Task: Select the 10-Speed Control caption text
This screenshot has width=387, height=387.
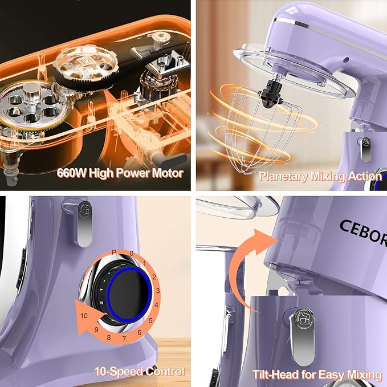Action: pyautogui.click(x=140, y=372)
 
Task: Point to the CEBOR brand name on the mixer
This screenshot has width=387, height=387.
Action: pyautogui.click(x=363, y=233)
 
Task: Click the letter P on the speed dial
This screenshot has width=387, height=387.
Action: pyautogui.click(x=114, y=252)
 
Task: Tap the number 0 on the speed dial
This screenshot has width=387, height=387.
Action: pyautogui.click(x=132, y=253)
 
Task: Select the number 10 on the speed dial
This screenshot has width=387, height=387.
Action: pyautogui.click(x=84, y=315)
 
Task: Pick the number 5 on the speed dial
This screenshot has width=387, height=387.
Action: pyautogui.click(x=150, y=321)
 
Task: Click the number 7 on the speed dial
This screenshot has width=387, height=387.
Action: pyautogui.click(x=124, y=339)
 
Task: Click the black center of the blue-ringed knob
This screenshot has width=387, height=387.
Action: pyautogui.click(x=129, y=295)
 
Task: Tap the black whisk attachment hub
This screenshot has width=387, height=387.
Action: pyautogui.click(x=271, y=95)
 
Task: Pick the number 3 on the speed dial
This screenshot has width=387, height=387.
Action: pyautogui.click(x=158, y=291)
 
